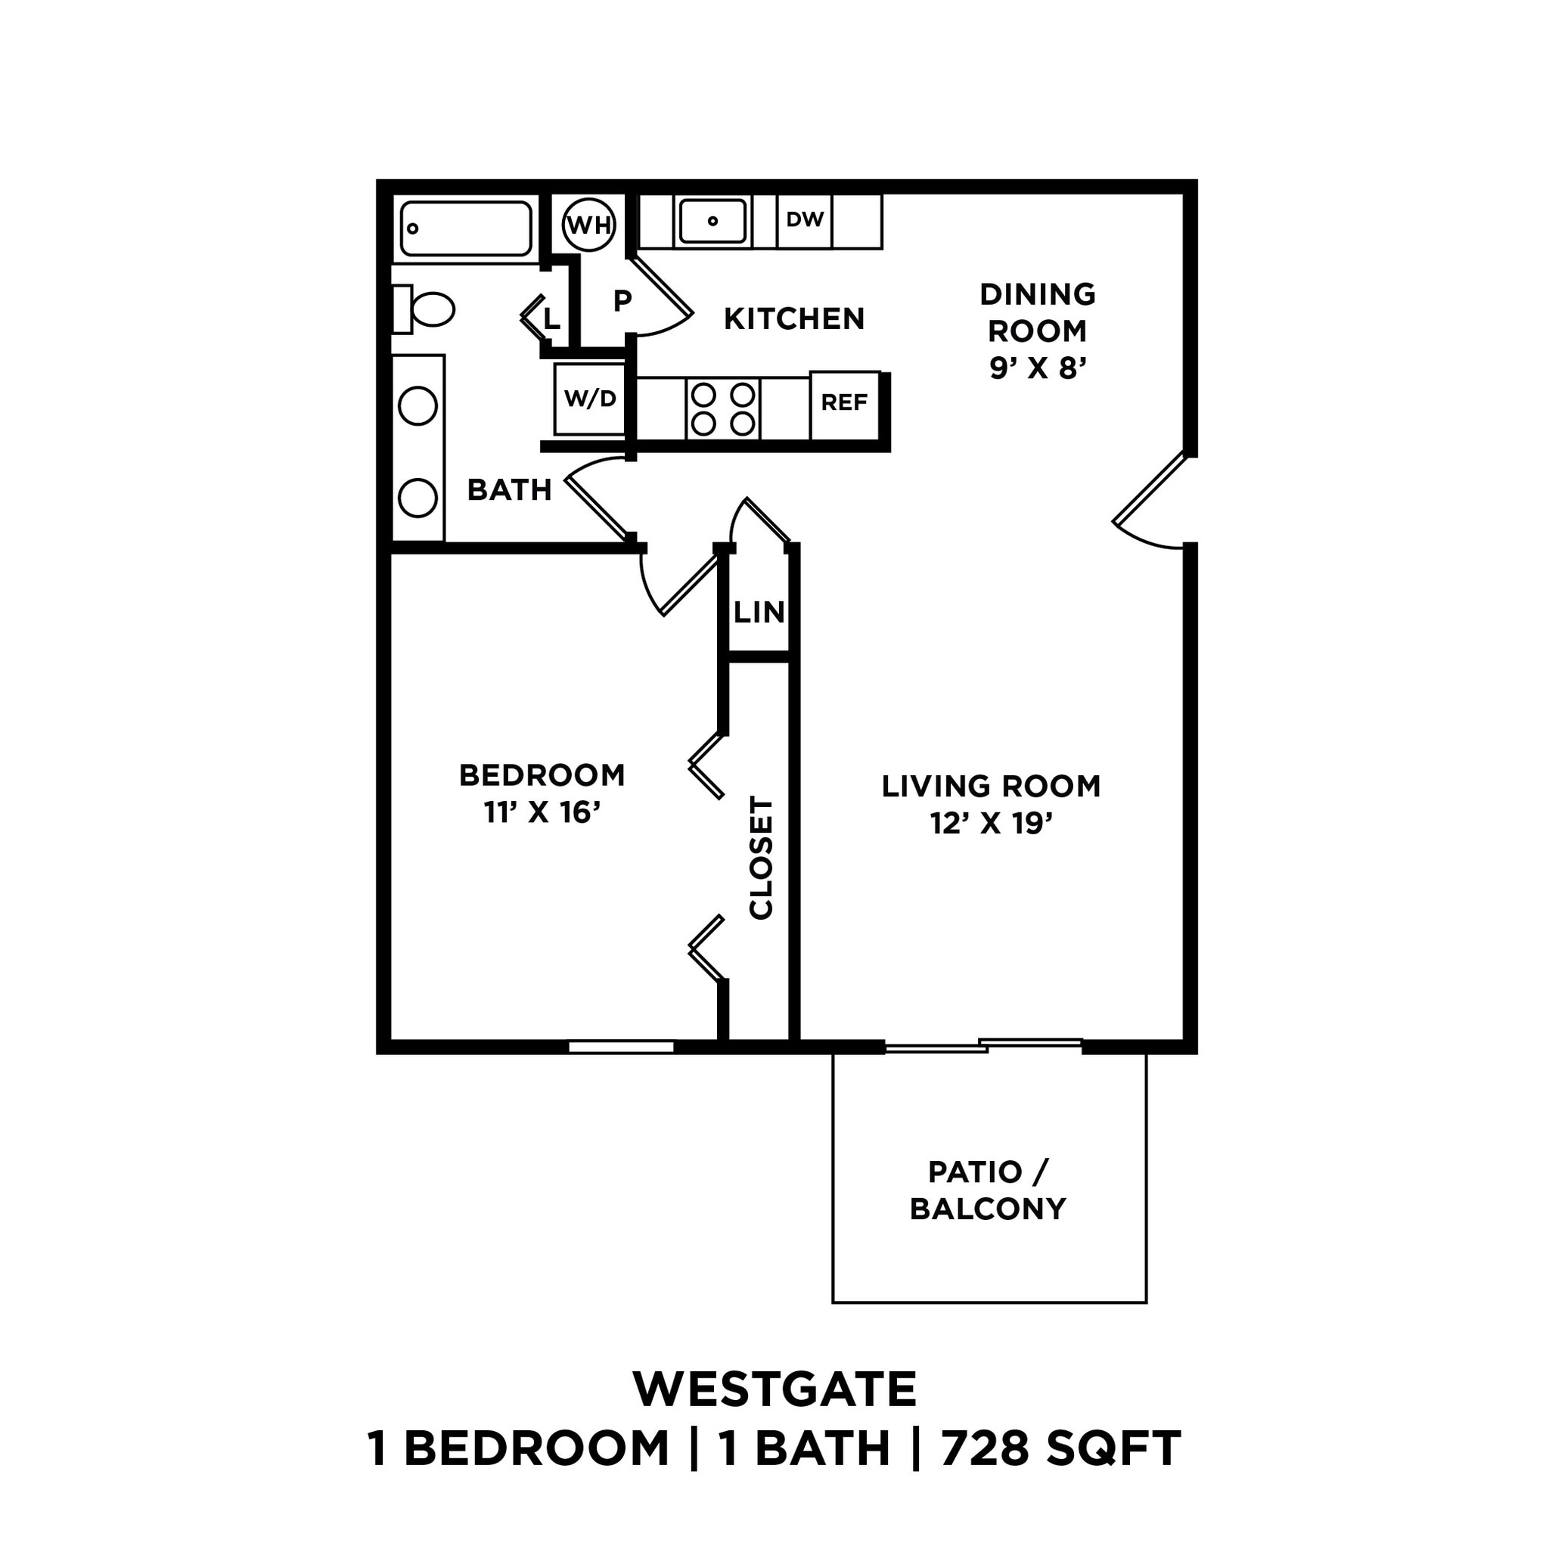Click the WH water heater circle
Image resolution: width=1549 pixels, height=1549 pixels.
click(x=589, y=225)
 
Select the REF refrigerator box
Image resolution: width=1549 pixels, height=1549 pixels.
click(x=844, y=403)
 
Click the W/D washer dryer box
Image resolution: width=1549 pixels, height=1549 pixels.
click(x=589, y=399)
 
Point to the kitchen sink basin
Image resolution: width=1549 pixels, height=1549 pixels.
click(x=712, y=221)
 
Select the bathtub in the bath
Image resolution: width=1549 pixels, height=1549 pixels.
click(x=466, y=228)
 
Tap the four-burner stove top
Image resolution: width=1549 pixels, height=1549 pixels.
click(x=722, y=409)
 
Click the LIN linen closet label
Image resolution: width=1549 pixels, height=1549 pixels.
click(x=759, y=613)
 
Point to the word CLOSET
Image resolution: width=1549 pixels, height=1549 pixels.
click(x=761, y=858)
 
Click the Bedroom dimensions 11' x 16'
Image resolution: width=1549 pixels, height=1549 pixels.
click(x=542, y=813)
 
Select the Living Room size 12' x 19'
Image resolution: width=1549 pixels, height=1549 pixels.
click(x=991, y=824)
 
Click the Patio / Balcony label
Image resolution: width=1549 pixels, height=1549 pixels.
click(x=988, y=1190)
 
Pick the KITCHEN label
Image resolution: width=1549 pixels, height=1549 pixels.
click(x=793, y=319)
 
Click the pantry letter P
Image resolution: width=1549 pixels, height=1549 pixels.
click(x=622, y=302)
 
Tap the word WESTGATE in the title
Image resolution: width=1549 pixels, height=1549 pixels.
click(x=774, y=1390)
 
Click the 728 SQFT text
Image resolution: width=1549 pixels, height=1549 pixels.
click(x=1060, y=1448)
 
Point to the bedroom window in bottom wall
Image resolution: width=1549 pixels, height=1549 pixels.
click(x=622, y=1046)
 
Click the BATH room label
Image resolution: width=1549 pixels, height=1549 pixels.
click(x=509, y=490)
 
